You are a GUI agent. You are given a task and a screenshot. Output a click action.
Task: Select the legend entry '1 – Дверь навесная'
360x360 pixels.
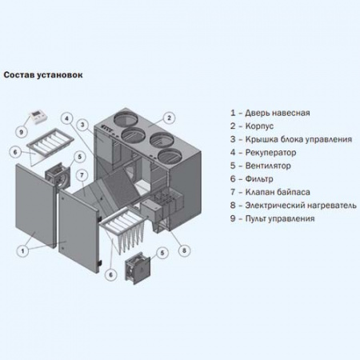tap(270, 114)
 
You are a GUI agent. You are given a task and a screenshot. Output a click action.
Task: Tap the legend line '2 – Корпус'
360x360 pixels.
tap(254, 126)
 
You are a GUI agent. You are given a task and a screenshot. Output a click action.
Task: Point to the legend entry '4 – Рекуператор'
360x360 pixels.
tap(264, 152)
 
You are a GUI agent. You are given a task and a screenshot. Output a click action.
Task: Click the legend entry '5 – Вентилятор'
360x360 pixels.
tap(263, 166)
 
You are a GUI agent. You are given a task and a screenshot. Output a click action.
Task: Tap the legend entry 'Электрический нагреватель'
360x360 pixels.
tap(297, 205)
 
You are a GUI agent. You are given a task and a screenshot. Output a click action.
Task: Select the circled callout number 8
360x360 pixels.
tap(185, 250)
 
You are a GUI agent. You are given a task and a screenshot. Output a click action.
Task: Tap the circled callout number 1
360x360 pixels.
tap(25, 249)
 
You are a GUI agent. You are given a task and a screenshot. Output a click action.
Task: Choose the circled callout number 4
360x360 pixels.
tap(70, 116)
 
